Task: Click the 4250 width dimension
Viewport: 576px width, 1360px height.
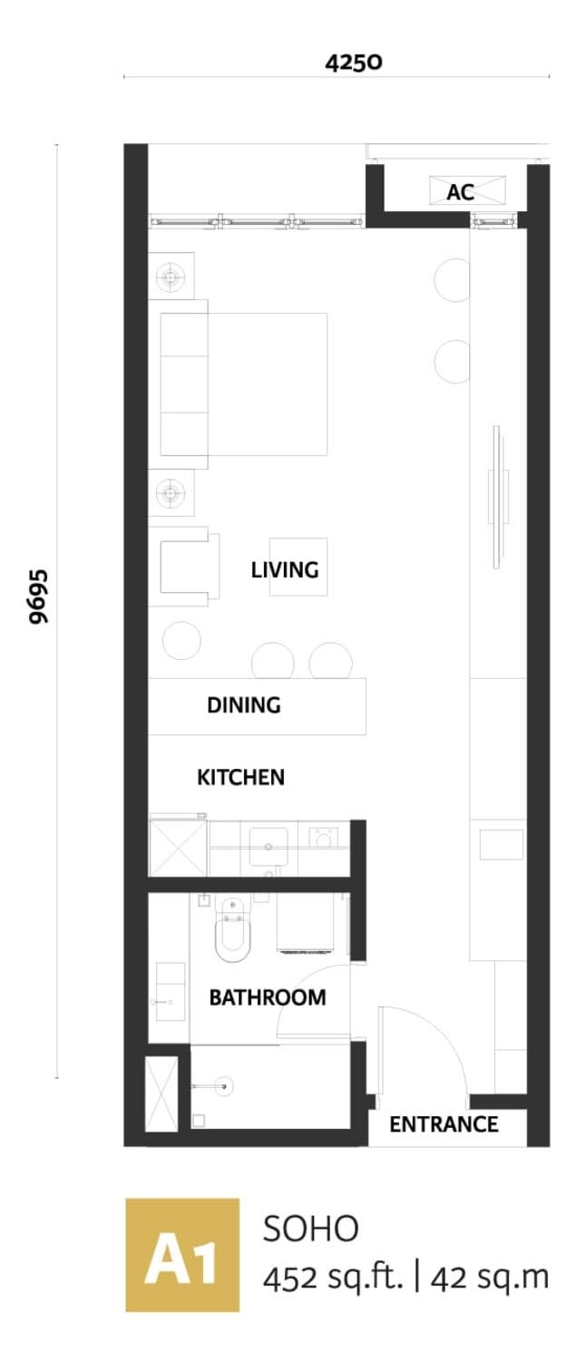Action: pyautogui.click(x=354, y=62)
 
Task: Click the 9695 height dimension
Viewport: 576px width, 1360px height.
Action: pyautogui.click(x=39, y=597)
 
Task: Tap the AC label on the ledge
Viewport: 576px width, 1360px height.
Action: pyautogui.click(x=460, y=192)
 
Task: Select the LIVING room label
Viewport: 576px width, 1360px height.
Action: pyautogui.click(x=285, y=569)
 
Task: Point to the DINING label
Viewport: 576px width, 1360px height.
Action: pyautogui.click(x=244, y=704)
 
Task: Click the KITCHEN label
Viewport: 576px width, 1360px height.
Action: pyautogui.click(x=240, y=777)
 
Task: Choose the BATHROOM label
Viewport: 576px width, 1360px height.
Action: pyautogui.click(x=268, y=997)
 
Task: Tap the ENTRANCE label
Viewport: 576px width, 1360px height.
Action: pyautogui.click(x=444, y=1124)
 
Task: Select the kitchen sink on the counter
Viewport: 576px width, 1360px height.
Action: pyautogui.click(x=268, y=846)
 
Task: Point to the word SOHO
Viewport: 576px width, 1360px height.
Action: pyautogui.click(x=310, y=1229)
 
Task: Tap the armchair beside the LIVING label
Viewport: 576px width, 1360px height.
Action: pyautogui.click(x=184, y=567)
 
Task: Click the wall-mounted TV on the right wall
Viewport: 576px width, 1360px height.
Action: pyautogui.click(x=498, y=497)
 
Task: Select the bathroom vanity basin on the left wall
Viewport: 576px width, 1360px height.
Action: pyautogui.click(x=171, y=992)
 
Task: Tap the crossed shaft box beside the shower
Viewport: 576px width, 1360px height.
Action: pyautogui.click(x=161, y=1093)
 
